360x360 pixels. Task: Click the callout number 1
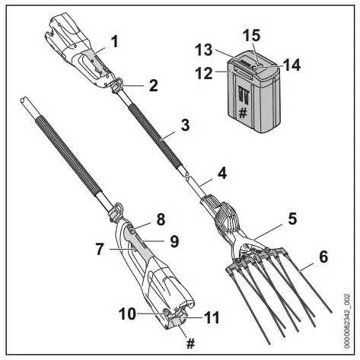115,42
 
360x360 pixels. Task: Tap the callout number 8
161,218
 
